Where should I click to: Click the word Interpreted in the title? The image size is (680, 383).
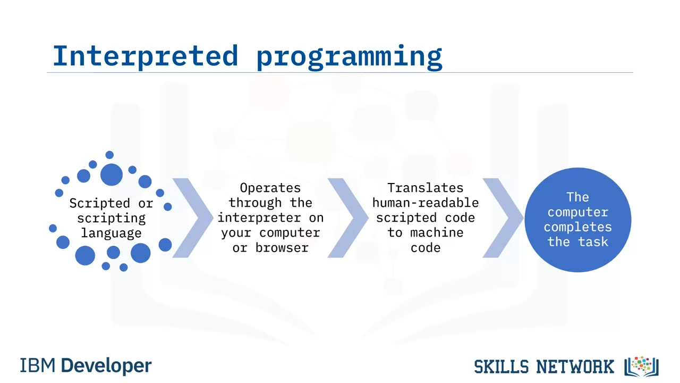tap(146, 56)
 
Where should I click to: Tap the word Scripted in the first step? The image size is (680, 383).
tap(99, 203)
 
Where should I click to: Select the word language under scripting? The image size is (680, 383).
tap(111, 234)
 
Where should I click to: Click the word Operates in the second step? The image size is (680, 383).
tap(270, 188)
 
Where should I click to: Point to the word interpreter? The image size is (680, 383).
tap(259, 218)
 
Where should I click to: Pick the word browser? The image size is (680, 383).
tap(282, 248)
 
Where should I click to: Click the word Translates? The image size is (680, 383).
tap(426, 188)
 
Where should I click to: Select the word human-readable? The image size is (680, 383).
tap(426, 203)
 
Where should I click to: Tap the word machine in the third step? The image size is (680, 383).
tap(437, 233)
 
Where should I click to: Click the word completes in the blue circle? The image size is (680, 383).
tap(577, 227)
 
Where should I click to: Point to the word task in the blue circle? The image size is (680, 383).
tap(593, 242)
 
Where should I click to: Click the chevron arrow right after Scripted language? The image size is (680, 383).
tap(193, 218)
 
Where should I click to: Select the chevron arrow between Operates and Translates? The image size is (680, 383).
tap(348, 218)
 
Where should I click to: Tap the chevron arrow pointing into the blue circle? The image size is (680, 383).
tap(503, 218)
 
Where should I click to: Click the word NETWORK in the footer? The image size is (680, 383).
tap(575, 367)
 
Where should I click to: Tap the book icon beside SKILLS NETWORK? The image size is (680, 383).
tap(641, 367)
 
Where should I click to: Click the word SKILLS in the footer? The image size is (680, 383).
tap(501, 367)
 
